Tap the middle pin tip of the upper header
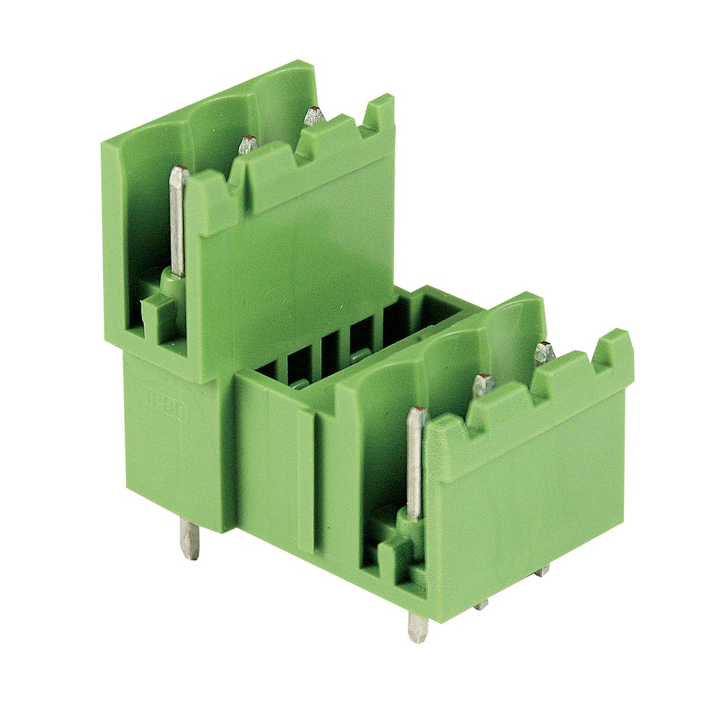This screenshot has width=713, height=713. pyautogui.click(x=248, y=146)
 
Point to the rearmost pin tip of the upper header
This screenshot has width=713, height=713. pyautogui.click(x=314, y=116)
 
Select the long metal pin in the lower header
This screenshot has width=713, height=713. pyautogui.click(x=416, y=463)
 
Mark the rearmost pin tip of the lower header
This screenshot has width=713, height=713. pyautogui.click(x=544, y=353)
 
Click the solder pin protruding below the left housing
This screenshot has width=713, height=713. pyautogui.click(x=189, y=538)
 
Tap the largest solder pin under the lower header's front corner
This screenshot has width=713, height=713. pyautogui.click(x=417, y=627)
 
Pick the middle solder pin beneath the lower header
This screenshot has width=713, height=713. pyautogui.click(x=481, y=605)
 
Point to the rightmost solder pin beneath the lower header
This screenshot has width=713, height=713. pyautogui.click(x=542, y=571)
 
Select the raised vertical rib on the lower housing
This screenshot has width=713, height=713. pyautogui.click(x=306, y=480)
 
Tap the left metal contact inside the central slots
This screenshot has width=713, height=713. pyautogui.click(x=299, y=383)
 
